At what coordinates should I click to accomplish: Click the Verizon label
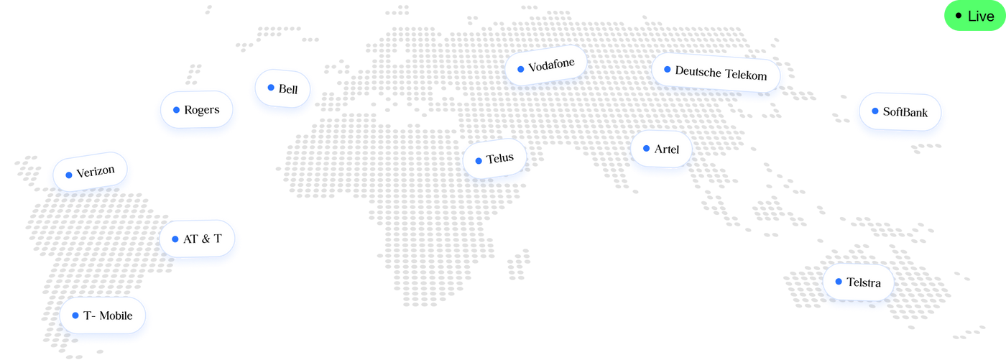point(90,172)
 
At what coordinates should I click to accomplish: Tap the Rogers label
point(197,109)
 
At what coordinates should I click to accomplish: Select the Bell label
point(282,88)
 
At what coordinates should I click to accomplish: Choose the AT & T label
point(197,239)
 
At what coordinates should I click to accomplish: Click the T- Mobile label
point(102,315)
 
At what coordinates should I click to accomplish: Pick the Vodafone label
point(546,65)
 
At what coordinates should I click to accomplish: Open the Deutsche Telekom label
point(716,73)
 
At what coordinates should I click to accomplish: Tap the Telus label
point(494,159)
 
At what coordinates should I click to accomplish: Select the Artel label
point(661,149)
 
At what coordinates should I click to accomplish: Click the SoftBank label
point(900,112)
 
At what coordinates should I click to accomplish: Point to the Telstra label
point(858,282)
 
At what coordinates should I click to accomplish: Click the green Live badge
point(975,16)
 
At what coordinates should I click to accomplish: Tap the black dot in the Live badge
point(959,16)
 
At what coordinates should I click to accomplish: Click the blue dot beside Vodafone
point(520,69)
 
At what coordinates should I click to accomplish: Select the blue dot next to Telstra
point(839,282)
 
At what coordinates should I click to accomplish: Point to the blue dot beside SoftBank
point(875,111)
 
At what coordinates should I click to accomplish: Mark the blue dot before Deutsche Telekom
point(668,69)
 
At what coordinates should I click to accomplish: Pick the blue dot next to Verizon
point(69,175)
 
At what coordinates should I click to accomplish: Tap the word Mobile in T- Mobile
point(116,315)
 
